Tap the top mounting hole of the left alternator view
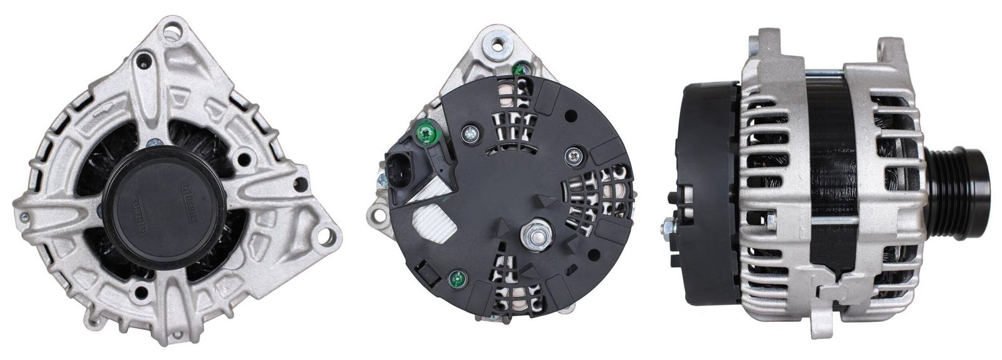(176, 29)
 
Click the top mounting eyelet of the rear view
(498, 44)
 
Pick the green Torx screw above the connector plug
(428, 132)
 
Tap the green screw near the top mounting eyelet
(519, 69)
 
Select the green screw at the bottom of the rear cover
(458, 279)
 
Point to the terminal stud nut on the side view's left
(668, 225)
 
